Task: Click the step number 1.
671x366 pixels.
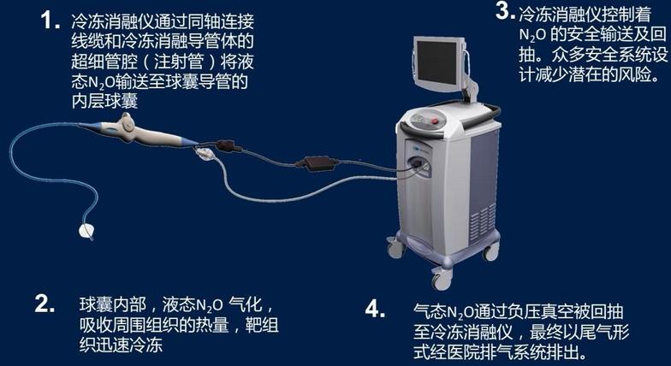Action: (50, 21)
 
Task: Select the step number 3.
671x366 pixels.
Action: (505, 12)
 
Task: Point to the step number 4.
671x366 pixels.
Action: (375, 309)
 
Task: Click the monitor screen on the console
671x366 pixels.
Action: (436, 62)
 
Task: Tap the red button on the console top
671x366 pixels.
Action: (436, 121)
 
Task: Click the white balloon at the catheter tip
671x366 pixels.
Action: (86, 231)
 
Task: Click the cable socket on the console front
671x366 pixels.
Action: (418, 164)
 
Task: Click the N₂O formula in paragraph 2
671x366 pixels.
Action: (210, 306)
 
